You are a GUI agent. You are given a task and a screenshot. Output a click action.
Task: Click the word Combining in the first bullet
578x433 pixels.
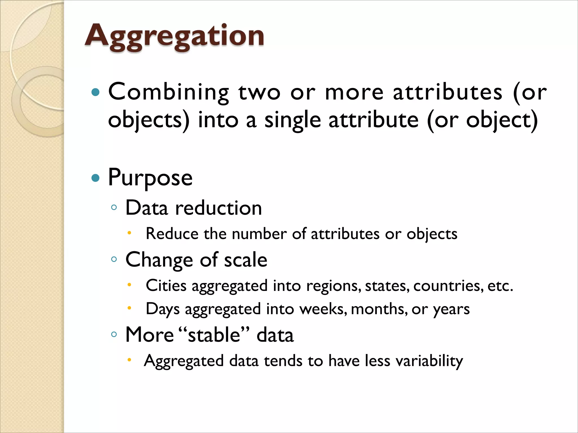[168, 92]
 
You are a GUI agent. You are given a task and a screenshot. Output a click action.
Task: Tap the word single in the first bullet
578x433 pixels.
[292, 120]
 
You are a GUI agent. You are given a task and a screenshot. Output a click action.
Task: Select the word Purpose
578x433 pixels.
[150, 178]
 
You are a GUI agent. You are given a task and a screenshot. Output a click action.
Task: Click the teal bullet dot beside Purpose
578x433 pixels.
[96, 178]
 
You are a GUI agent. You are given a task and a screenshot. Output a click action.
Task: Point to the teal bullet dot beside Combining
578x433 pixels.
[96, 92]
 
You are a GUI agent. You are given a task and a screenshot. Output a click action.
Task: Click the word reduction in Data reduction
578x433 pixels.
[218, 208]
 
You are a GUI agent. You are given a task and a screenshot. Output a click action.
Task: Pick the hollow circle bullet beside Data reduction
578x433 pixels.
[114, 208]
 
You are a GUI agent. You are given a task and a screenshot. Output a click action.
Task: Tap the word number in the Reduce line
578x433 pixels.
[259, 234]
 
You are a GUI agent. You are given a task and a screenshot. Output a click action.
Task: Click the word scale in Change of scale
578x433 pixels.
[246, 260]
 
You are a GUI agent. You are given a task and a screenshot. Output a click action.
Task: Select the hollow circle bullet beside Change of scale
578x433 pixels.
[114, 259]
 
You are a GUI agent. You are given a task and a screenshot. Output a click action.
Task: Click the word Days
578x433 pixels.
[163, 309]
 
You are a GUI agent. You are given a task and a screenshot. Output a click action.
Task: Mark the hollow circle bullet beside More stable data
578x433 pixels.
[114, 335]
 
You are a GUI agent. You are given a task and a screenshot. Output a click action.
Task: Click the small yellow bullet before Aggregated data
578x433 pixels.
[129, 360]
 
